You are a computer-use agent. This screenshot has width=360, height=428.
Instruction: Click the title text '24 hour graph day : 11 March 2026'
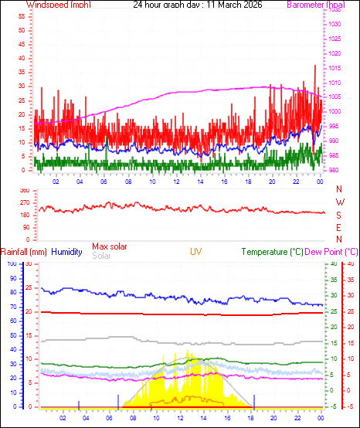click(197, 5)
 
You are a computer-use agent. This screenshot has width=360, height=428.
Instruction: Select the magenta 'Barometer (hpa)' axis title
click(315, 5)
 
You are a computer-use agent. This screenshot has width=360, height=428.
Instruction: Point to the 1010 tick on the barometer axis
click(335, 83)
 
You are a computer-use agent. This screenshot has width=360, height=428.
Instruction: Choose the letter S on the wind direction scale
click(339, 216)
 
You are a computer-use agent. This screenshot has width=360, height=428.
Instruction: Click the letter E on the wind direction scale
click(339, 228)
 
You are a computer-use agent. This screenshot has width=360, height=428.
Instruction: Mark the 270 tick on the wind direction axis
click(24, 202)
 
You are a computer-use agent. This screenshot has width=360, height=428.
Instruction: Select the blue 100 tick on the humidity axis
click(11, 263)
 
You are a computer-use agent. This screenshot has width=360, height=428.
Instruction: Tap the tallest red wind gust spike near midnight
click(315, 67)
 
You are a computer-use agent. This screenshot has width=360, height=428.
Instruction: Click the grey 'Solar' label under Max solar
click(101, 256)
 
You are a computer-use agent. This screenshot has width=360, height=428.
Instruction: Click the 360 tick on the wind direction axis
click(24, 190)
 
